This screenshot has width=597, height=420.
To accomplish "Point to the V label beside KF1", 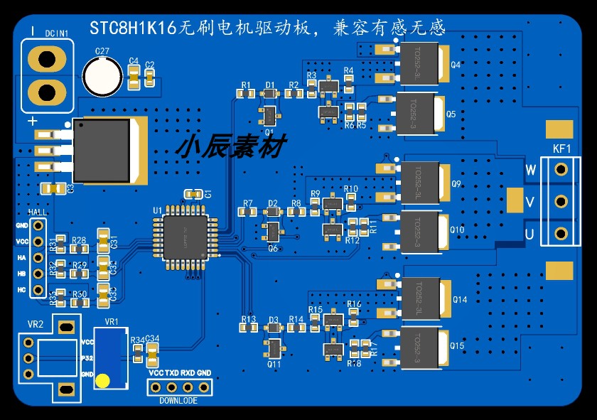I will [x=529, y=203].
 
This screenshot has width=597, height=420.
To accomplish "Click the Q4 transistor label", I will [x=456, y=65].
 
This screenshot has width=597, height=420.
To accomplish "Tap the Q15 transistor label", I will [x=457, y=346].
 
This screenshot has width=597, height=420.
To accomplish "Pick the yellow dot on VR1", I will [x=103, y=380].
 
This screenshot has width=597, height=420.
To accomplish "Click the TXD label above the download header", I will [x=171, y=373].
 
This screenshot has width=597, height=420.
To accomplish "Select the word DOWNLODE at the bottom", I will [x=178, y=401].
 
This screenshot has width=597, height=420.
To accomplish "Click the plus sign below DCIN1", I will [x=33, y=122].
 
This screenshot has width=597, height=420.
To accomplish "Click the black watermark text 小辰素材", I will [x=231, y=147].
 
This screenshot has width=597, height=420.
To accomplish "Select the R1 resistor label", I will [x=246, y=85].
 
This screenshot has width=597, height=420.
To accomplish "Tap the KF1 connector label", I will [x=561, y=149].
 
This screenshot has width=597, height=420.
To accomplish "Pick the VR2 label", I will [x=36, y=324].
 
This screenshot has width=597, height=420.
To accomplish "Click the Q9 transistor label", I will [x=456, y=185].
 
